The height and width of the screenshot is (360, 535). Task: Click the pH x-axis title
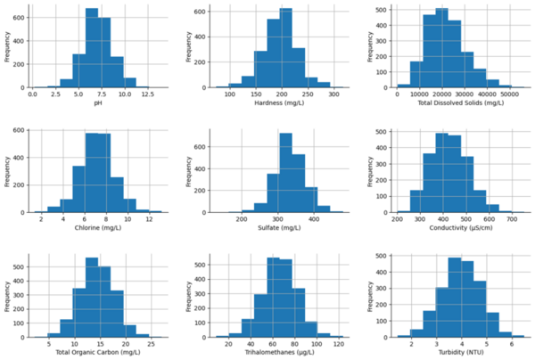[86, 104]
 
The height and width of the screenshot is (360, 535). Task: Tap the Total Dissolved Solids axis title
[449, 104]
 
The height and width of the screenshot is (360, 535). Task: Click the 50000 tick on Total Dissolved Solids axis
[485, 94]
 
